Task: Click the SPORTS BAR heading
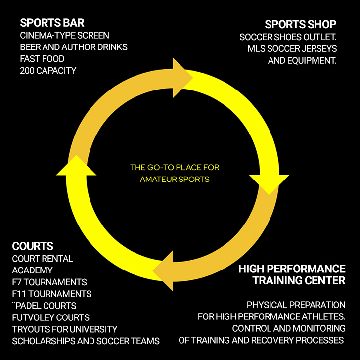click(52, 23)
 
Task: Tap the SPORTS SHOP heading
click(300, 24)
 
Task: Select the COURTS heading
click(33, 246)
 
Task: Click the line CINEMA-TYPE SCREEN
click(64, 36)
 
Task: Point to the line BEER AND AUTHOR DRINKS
click(74, 47)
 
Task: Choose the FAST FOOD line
click(43, 59)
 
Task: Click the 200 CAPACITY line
click(48, 71)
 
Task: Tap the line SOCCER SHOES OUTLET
click(288, 38)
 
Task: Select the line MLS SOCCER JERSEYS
click(292, 49)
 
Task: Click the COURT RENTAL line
click(43, 259)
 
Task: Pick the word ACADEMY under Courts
click(32, 270)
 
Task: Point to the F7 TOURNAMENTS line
click(49, 282)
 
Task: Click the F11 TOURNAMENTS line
click(51, 294)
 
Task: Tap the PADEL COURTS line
click(46, 306)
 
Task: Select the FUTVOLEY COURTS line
click(50, 317)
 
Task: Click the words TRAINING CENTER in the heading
click(299, 281)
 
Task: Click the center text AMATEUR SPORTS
click(175, 179)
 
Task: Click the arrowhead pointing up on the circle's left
click(76, 166)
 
